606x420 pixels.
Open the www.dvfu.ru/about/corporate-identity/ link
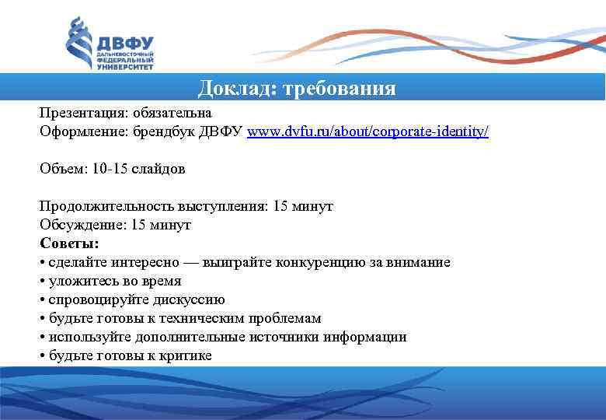click(367, 132)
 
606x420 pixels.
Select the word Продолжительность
click(92, 207)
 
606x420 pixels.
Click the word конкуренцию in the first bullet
click(340, 263)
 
